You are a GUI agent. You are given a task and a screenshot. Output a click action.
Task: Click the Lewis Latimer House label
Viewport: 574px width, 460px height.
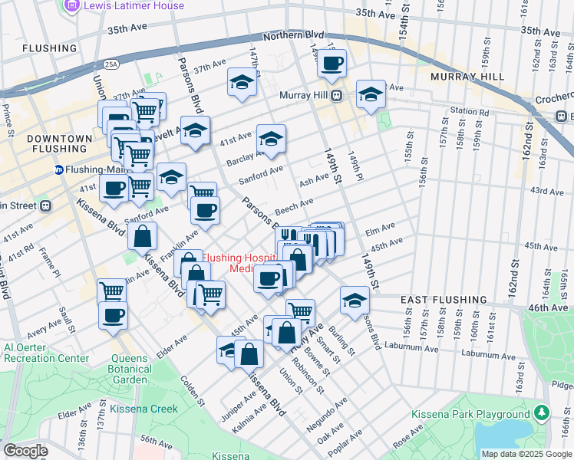[134, 6]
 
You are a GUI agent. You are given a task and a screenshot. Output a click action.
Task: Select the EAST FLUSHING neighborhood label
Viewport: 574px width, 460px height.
[437, 300]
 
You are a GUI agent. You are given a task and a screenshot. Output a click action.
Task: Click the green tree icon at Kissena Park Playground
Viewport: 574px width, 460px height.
[543, 414]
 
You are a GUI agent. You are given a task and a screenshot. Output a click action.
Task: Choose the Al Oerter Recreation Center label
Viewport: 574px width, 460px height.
[46, 353]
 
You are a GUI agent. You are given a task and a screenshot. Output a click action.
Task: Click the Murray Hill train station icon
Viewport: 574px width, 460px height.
[335, 95]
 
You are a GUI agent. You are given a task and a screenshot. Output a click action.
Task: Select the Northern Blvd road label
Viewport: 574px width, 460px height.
[293, 36]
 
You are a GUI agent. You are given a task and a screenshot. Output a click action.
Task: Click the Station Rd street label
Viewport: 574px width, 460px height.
[470, 111]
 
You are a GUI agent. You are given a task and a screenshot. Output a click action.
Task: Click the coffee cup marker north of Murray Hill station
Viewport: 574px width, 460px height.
[332, 65]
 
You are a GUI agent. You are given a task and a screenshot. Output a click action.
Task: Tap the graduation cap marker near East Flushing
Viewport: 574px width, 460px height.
[355, 300]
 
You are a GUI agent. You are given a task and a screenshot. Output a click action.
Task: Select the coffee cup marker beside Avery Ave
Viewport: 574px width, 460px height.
[113, 315]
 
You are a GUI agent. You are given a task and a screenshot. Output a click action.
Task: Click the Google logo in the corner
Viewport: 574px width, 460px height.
[25, 451]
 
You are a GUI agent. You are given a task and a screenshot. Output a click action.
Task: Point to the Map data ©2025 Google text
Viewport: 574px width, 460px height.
[526, 454]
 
